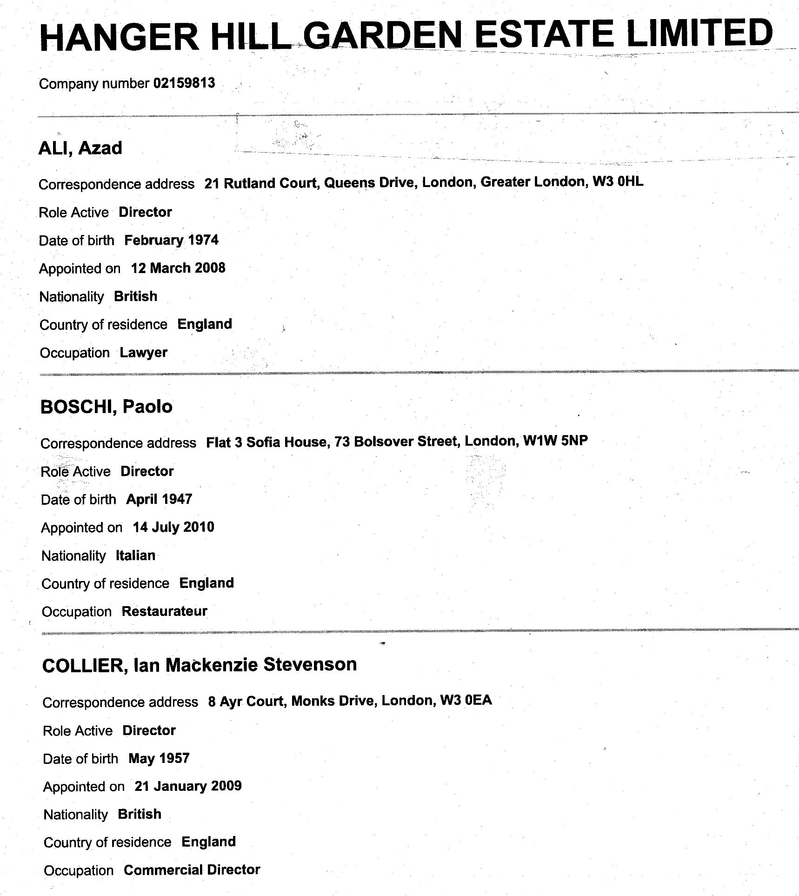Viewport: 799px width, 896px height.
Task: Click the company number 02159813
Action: point(184,83)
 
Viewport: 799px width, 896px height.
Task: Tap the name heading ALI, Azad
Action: point(80,148)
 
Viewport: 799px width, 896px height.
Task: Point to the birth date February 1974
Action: point(171,240)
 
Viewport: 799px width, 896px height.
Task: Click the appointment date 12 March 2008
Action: point(178,268)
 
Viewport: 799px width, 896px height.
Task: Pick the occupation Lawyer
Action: point(143,353)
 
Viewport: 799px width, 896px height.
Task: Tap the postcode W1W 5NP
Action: point(555,441)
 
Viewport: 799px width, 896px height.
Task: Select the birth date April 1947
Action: point(159,499)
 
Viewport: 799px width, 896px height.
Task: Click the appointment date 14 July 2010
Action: point(173,527)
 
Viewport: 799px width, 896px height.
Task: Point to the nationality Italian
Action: point(135,555)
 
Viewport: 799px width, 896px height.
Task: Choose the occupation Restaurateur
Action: point(164,611)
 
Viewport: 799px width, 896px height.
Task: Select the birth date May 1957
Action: point(159,759)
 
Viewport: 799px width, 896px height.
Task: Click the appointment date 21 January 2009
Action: point(188,786)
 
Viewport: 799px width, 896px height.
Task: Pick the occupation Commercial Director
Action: point(192,870)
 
